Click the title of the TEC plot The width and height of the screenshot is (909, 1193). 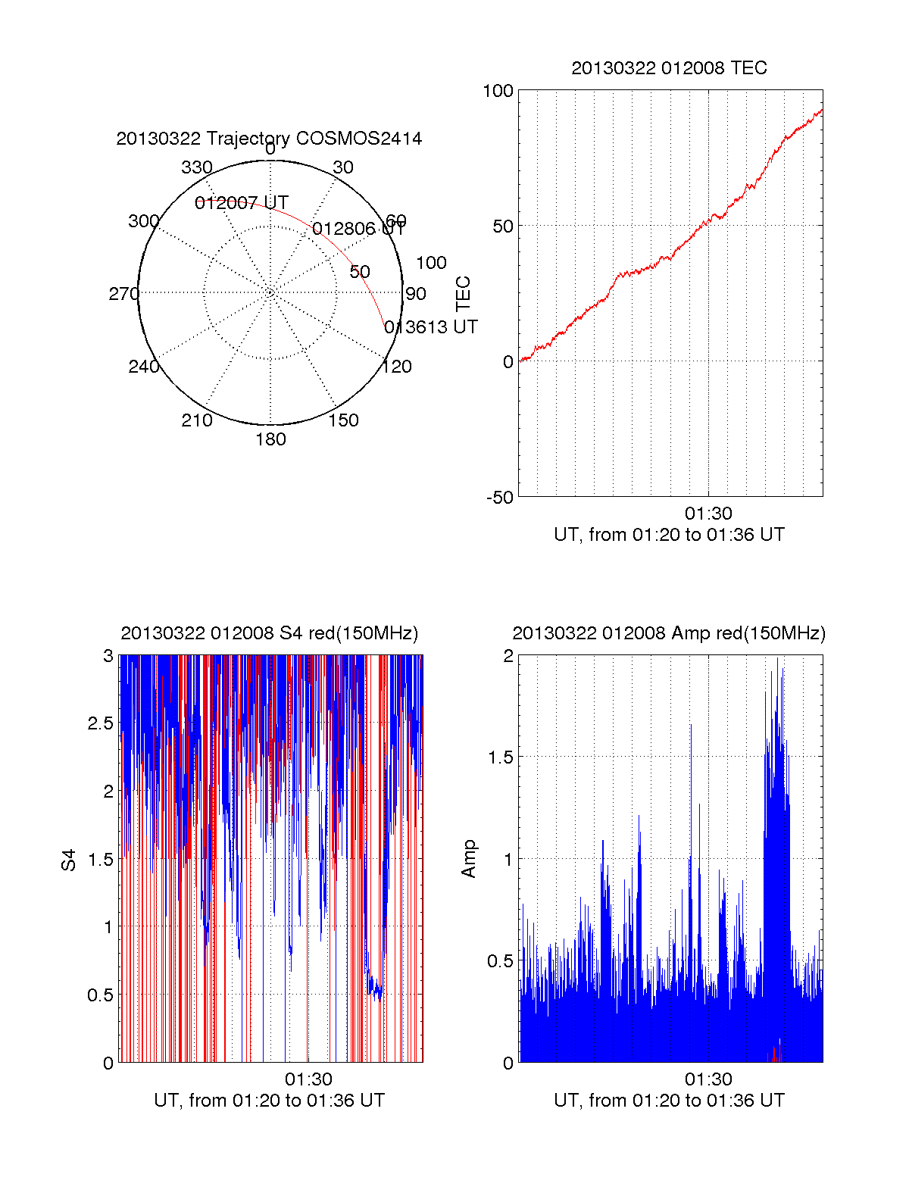pos(669,68)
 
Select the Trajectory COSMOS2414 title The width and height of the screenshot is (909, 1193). pos(269,139)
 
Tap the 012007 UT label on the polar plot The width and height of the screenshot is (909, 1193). pos(241,203)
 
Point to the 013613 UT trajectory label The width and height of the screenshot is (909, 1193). pos(431,327)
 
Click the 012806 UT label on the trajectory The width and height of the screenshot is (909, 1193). pos(358,229)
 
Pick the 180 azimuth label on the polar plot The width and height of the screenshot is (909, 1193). pos(270,439)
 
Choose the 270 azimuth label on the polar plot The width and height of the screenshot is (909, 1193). pos(123,294)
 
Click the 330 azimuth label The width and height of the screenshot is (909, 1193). pos(196,167)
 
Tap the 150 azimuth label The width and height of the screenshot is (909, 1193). pos(343,420)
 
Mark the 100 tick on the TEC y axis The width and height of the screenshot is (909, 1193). pos(498,91)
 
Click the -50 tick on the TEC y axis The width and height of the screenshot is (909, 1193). pos(499,498)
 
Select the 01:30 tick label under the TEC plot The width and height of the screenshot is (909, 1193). pos(708,514)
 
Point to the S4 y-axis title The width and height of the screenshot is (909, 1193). pos(69,860)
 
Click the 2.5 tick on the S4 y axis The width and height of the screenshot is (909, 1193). pos(101,723)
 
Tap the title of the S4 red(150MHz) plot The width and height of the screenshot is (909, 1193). pos(269,633)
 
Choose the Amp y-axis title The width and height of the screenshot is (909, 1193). pos(469,858)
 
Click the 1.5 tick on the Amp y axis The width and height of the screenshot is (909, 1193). pos(501,757)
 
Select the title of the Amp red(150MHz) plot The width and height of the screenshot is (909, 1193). pos(669,633)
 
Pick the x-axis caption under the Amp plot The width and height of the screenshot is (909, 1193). pos(669,1101)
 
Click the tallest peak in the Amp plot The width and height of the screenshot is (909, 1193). pos(777,659)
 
